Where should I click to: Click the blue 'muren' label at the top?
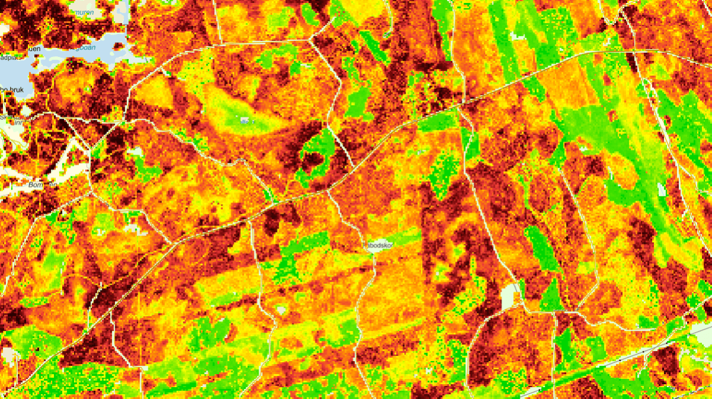[82, 12]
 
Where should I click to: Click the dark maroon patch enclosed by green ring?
[313, 159]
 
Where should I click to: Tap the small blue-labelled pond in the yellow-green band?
[244, 121]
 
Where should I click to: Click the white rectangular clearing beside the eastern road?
[510, 297]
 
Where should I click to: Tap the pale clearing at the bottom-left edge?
[7, 355]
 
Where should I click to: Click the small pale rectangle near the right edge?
[662, 190]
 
